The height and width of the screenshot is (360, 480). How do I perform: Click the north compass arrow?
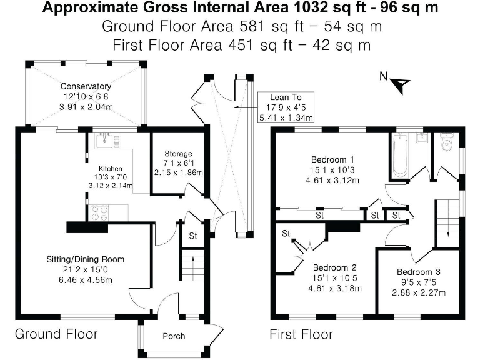(x=401, y=81)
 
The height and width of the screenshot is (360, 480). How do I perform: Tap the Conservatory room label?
(x=86, y=86)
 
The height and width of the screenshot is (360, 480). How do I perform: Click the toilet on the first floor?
(x=446, y=144)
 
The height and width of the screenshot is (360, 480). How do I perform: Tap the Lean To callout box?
(x=286, y=107)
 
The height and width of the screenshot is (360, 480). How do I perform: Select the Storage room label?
(x=178, y=154)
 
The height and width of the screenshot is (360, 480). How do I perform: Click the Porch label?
(x=174, y=336)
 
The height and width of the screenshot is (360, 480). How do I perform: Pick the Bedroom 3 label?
(x=419, y=272)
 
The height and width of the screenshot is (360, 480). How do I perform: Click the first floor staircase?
(x=446, y=216)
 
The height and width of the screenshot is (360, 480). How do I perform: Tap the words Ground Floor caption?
(x=56, y=334)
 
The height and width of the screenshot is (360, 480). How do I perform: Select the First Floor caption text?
(x=301, y=334)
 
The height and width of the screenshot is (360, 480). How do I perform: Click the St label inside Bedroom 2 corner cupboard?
(x=286, y=234)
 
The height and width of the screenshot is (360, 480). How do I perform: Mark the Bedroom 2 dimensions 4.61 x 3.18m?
(x=336, y=289)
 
